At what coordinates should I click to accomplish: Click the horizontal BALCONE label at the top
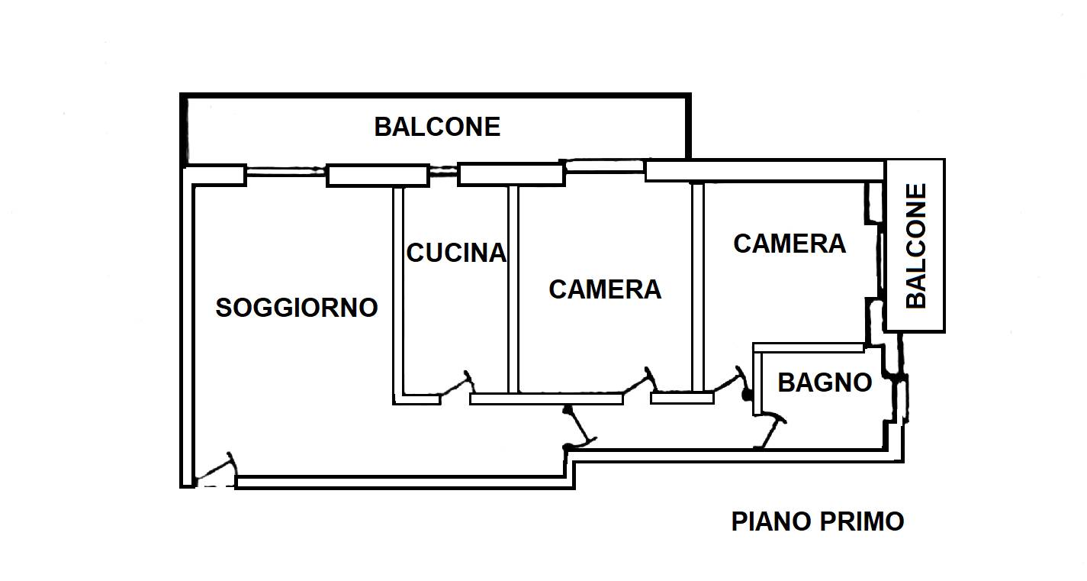click(437, 127)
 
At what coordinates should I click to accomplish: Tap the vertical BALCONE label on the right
click(916, 246)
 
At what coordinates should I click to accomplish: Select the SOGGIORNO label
click(297, 308)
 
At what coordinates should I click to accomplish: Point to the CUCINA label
click(456, 253)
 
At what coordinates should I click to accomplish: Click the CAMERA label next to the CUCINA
click(605, 289)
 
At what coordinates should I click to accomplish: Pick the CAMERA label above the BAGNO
click(790, 244)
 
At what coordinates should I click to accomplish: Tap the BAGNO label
click(825, 382)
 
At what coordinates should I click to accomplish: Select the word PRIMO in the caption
click(862, 521)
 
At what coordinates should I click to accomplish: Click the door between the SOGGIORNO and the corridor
click(580, 427)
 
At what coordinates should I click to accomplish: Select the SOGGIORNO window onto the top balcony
click(285, 170)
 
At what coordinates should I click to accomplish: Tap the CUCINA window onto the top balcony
click(443, 170)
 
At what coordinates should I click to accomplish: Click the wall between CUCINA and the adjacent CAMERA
click(513, 289)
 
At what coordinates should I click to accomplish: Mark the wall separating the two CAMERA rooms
click(698, 287)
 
